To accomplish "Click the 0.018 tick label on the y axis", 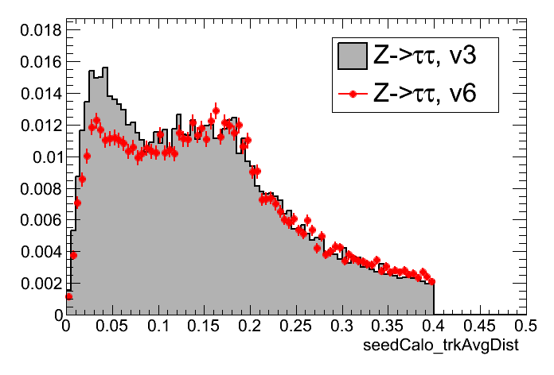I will (x=35, y=29).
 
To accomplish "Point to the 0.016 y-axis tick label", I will (x=35, y=61).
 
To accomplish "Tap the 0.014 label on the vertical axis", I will (x=35, y=93).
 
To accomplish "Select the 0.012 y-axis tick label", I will (x=35, y=125).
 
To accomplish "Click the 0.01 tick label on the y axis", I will (x=41, y=157).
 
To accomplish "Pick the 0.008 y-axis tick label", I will (x=35, y=188).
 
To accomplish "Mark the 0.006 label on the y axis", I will (x=35, y=220).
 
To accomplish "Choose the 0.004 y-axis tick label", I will (x=35, y=252).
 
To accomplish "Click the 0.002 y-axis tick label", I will (x=35, y=284).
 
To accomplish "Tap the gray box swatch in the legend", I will (x=352, y=56).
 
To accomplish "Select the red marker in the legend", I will (x=352, y=95).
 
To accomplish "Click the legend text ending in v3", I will (x=425, y=56).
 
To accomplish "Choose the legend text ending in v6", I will (x=425, y=95).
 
